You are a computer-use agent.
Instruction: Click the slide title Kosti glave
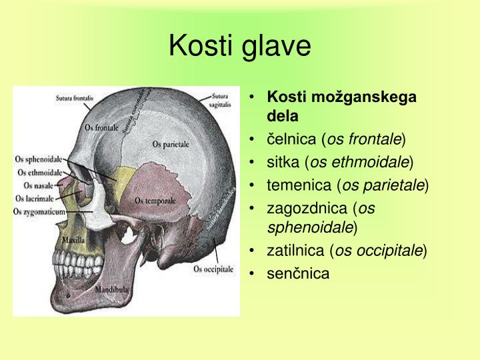pos(239,46)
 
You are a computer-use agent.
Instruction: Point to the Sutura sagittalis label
pos(221,100)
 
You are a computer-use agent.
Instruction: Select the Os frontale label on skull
pos(102,127)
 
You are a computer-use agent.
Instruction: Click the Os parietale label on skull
pos(171,143)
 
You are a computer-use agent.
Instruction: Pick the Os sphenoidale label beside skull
pos(38,160)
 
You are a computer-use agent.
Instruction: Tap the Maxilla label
pos(73,238)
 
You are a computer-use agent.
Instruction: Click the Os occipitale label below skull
pos(213,269)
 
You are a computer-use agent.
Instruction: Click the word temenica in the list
pos(297,184)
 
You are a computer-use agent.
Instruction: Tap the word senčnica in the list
pos(298,273)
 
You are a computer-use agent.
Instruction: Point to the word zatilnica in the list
pos(296,251)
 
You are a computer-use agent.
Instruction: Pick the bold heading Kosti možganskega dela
pos(341,106)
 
